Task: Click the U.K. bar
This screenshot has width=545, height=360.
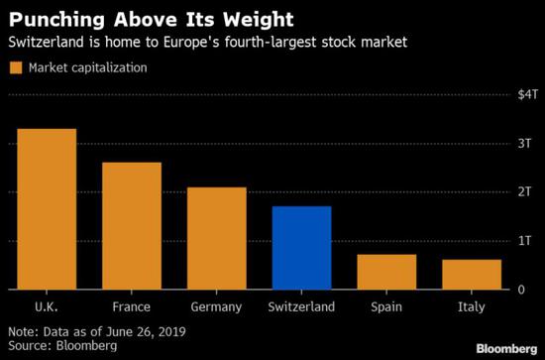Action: pos(47,209)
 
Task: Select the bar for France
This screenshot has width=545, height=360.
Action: pos(132,226)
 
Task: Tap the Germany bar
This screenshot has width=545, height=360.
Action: pos(217,238)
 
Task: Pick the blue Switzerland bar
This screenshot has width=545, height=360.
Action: pos(301,248)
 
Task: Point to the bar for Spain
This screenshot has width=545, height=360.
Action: pos(386,272)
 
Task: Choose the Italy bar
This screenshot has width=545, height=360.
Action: pos(472,275)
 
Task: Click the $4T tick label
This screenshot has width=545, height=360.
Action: pos(527,94)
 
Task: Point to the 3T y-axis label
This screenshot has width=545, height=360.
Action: pos(525,143)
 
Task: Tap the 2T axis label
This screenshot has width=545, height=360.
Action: pos(525,191)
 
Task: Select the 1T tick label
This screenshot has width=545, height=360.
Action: pos(525,240)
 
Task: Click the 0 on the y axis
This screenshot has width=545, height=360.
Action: pos(521,290)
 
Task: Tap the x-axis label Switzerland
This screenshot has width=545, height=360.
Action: pos(301,306)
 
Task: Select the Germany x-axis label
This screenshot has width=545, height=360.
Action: pos(216,307)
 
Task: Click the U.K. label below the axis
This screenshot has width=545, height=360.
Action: pos(47,306)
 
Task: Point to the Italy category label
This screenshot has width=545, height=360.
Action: pos(472,307)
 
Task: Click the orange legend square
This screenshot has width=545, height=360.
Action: pos(16,67)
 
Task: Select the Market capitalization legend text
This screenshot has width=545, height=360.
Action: pos(88,67)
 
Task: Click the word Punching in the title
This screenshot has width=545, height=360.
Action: pos(56,20)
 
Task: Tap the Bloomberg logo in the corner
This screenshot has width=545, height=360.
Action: pos(506,349)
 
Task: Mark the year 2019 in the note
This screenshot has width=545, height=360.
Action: pos(171,331)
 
